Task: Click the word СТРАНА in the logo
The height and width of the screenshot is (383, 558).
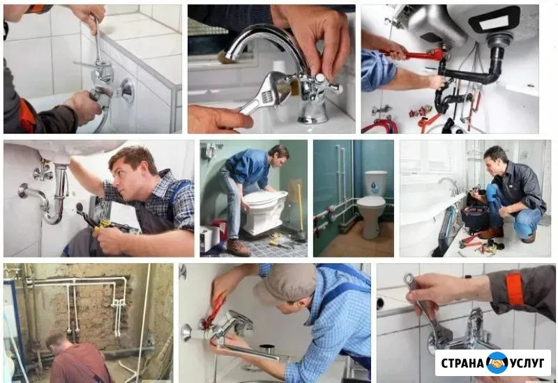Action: pyautogui.click(x=462, y=363)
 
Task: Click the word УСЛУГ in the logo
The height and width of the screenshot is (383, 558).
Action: pyautogui.click(x=527, y=363)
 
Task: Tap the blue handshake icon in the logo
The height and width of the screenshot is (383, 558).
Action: pyautogui.click(x=497, y=363)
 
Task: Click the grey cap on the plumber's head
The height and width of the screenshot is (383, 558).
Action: pyautogui.click(x=285, y=283)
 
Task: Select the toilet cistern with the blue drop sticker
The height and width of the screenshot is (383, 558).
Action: pyautogui.click(x=375, y=183)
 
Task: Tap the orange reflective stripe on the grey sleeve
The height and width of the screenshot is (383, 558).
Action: pyautogui.click(x=514, y=288)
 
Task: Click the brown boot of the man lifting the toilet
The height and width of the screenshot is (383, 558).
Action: pyautogui.click(x=238, y=248)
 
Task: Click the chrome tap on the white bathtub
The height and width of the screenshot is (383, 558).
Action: pyautogui.click(x=449, y=185)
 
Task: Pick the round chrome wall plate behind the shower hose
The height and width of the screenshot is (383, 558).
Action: pyautogui.click(x=126, y=91)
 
